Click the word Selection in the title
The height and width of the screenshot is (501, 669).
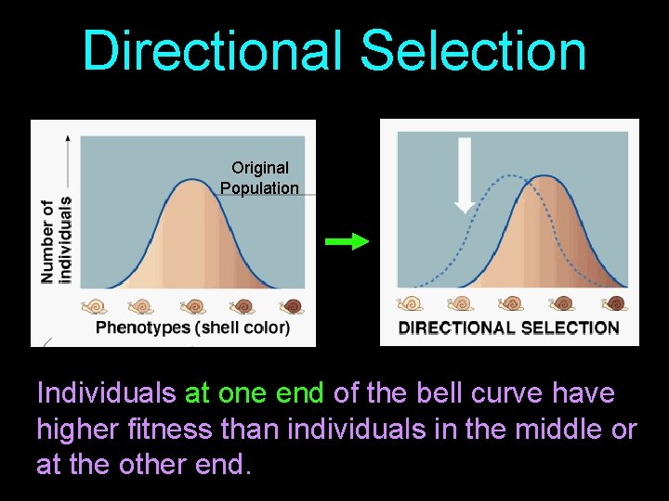click(474, 51)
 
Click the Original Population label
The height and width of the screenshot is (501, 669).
click(260, 177)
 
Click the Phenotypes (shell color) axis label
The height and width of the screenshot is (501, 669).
click(192, 328)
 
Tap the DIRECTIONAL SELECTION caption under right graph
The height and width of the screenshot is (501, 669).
click(508, 328)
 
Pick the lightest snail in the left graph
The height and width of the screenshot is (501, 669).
click(94, 305)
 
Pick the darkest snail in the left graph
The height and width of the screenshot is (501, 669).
click(293, 305)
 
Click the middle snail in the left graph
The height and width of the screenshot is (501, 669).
click(193, 305)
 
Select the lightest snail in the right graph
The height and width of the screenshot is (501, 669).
click(410, 303)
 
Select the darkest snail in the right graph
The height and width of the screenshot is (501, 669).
click(613, 303)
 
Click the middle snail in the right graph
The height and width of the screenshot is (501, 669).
click(511, 303)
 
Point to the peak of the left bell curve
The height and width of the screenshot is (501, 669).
click(192, 180)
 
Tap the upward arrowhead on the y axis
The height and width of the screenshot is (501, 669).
click(67, 139)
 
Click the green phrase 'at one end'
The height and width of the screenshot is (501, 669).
click(255, 393)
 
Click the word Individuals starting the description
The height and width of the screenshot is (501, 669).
click(105, 393)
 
